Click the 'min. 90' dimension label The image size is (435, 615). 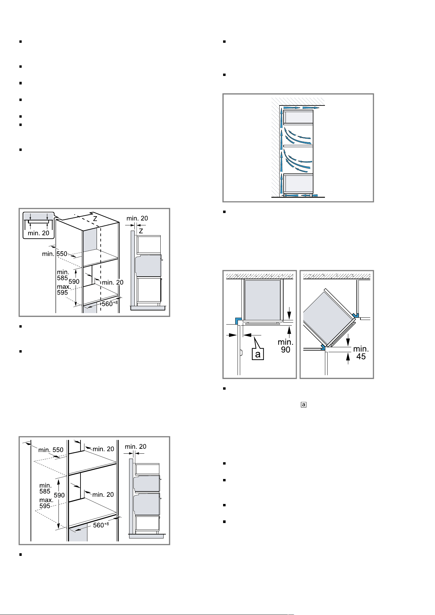285,346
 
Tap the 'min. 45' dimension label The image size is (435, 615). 361,353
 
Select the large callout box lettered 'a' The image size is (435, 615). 258,354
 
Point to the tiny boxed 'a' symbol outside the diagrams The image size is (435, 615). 304,404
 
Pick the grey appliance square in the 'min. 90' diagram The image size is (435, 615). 263,300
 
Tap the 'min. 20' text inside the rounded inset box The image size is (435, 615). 38,233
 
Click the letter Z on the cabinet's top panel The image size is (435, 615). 95,218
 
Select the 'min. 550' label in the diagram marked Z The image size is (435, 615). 55,254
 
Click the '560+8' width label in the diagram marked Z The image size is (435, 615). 109,303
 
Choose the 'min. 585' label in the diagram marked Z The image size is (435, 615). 63,275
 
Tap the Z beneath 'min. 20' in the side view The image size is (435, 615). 141,231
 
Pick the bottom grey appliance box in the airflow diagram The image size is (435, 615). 298,183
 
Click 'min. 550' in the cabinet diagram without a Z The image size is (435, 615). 51,450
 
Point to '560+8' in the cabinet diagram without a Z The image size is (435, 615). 101,525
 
